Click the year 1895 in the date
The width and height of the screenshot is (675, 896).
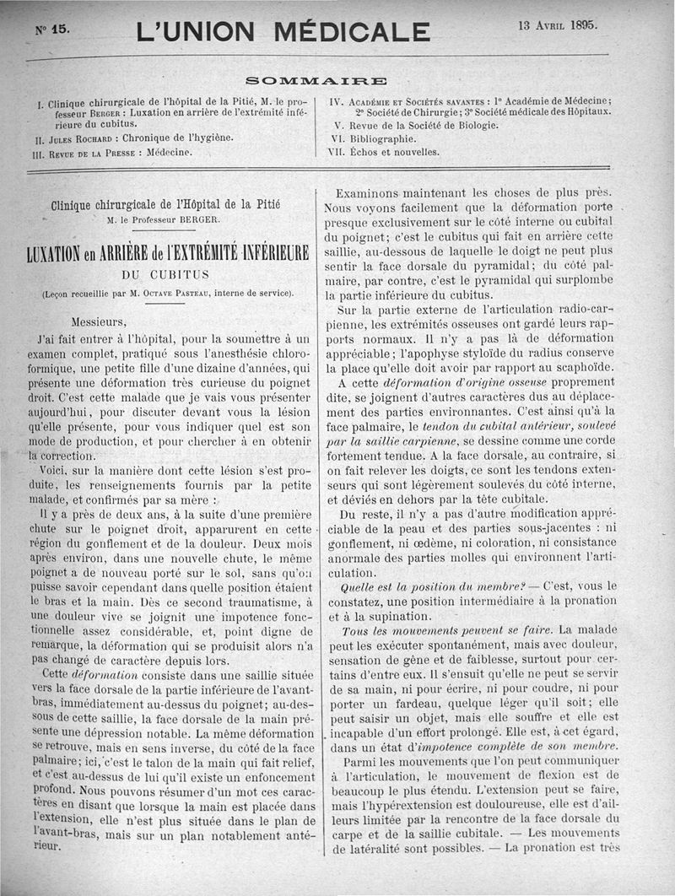point(583,24)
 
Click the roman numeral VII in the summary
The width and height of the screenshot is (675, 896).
point(336,152)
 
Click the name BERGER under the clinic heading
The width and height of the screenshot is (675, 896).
point(198,220)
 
